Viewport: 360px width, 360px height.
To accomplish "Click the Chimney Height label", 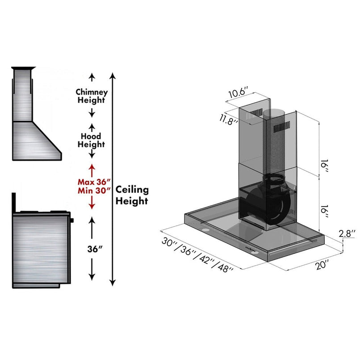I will [92, 96].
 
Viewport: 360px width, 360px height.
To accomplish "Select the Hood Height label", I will [92, 140].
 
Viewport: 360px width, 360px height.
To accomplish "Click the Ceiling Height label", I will [132, 195].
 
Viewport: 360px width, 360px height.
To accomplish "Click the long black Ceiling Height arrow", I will [113, 179].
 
